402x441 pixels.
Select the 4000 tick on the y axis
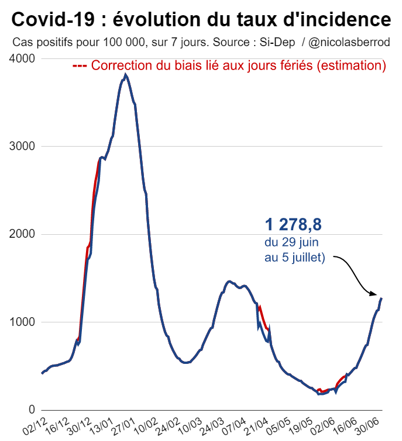click(22, 59)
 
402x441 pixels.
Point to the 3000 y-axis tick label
click(22, 147)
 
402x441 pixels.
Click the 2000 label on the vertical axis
click(22, 234)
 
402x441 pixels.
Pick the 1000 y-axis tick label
click(22, 322)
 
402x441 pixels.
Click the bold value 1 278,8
click(293, 225)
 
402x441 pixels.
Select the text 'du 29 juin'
click(291, 242)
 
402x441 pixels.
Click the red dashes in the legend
click(80, 66)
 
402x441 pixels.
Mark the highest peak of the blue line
click(125, 75)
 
